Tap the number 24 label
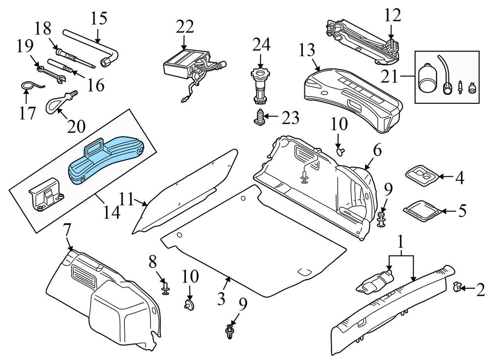click(261, 46)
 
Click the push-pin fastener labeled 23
click(260, 118)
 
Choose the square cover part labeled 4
click(420, 176)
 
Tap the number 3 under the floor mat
click(221, 298)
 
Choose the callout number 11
click(126, 199)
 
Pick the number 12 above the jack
click(392, 16)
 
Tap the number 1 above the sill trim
click(401, 241)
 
